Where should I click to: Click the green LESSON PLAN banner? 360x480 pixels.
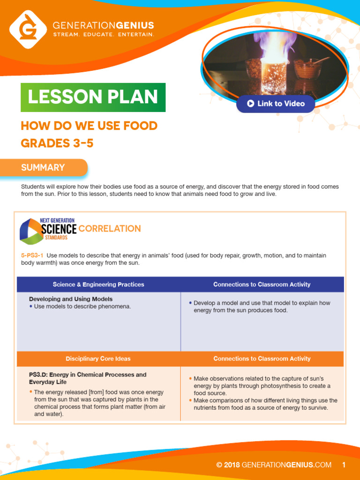coord(93,97)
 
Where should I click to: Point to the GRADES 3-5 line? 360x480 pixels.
coord(57,143)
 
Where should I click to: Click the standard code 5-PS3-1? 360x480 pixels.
coord(32,255)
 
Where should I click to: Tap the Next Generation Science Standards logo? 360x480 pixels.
coord(47,231)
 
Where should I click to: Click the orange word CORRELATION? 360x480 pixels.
coord(110,229)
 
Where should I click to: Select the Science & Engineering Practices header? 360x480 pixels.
coord(98,285)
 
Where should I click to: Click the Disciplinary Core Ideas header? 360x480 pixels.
coord(98,359)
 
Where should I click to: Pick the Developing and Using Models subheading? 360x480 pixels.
coord(71,299)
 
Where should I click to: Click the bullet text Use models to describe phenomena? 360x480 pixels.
coord(82,307)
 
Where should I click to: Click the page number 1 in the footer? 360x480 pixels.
coord(344,465)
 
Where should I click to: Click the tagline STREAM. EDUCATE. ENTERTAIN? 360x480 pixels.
coord(103,35)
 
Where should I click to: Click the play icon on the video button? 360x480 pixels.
coord(251,104)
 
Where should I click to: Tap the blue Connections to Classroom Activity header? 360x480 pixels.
coord(262,285)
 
